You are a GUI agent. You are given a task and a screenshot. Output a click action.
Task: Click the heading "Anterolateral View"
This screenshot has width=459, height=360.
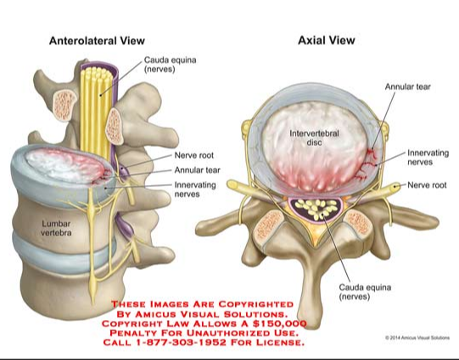[97, 41]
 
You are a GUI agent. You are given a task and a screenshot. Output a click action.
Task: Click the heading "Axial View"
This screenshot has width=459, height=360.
[326, 40]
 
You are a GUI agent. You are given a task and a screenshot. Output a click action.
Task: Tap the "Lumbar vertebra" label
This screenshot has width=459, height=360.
[56, 228]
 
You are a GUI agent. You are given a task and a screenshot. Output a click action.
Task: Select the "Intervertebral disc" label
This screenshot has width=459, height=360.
[314, 138]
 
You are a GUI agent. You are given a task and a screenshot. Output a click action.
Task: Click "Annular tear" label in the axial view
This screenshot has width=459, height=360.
[408, 87]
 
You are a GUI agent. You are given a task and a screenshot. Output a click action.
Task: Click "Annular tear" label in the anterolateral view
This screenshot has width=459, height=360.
[198, 170]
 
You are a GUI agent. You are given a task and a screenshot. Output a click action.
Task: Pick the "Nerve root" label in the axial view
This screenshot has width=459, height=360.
[427, 185]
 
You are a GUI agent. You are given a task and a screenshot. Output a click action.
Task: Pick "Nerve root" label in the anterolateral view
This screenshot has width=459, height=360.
[194, 155]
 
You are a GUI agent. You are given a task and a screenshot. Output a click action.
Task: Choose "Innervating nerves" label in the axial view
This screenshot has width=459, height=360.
[428, 157]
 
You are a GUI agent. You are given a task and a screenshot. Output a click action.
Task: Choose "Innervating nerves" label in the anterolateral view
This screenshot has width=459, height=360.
[195, 189]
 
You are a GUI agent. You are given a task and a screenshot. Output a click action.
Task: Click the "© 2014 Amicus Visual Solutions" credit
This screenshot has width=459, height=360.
[417, 338]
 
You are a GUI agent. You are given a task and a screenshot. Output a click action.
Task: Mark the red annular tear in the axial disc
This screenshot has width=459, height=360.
[366, 164]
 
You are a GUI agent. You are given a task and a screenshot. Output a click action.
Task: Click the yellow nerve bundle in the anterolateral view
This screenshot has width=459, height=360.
[96, 111]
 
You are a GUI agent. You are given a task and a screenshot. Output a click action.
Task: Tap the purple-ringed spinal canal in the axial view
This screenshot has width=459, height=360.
[315, 209]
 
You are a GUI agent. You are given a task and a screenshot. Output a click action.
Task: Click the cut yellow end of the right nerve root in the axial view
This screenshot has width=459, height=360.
[396, 186]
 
